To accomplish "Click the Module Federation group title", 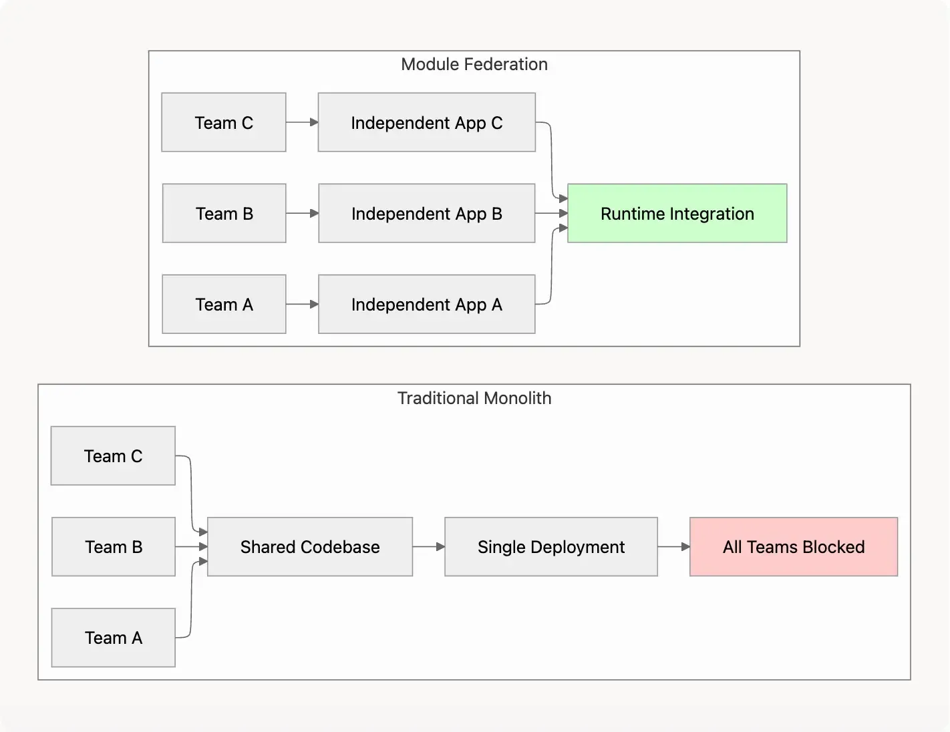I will pyautogui.click(x=474, y=64).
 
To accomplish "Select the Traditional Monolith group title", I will pyautogui.click(x=474, y=398).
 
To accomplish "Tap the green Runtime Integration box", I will pyautogui.click(x=677, y=214).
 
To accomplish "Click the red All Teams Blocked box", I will pyautogui.click(x=793, y=547).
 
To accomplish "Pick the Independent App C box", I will pyautogui.click(x=426, y=123).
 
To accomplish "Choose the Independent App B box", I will pyautogui.click(x=426, y=214).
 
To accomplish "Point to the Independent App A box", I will pyautogui.click(x=426, y=305).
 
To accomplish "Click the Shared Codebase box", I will pyautogui.click(x=309, y=547).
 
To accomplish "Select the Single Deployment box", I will pyautogui.click(x=550, y=547).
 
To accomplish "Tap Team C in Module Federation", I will pyautogui.click(x=224, y=123).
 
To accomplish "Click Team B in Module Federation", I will pyautogui.click(x=224, y=214).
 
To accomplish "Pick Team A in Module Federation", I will pyautogui.click(x=224, y=305).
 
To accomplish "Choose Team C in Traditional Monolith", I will pyautogui.click(x=113, y=456).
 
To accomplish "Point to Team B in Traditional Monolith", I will pyautogui.click(x=113, y=547).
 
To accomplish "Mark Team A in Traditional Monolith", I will pyautogui.click(x=113, y=638).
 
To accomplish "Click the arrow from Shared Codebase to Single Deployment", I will pyautogui.click(x=428, y=547).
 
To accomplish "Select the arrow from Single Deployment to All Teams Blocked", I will pyautogui.click(x=673, y=547).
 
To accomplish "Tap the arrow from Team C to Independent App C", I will pyautogui.click(x=302, y=122).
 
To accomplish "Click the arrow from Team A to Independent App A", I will pyautogui.click(x=302, y=305).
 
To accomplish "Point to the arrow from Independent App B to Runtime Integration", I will pyautogui.click(x=551, y=214).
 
